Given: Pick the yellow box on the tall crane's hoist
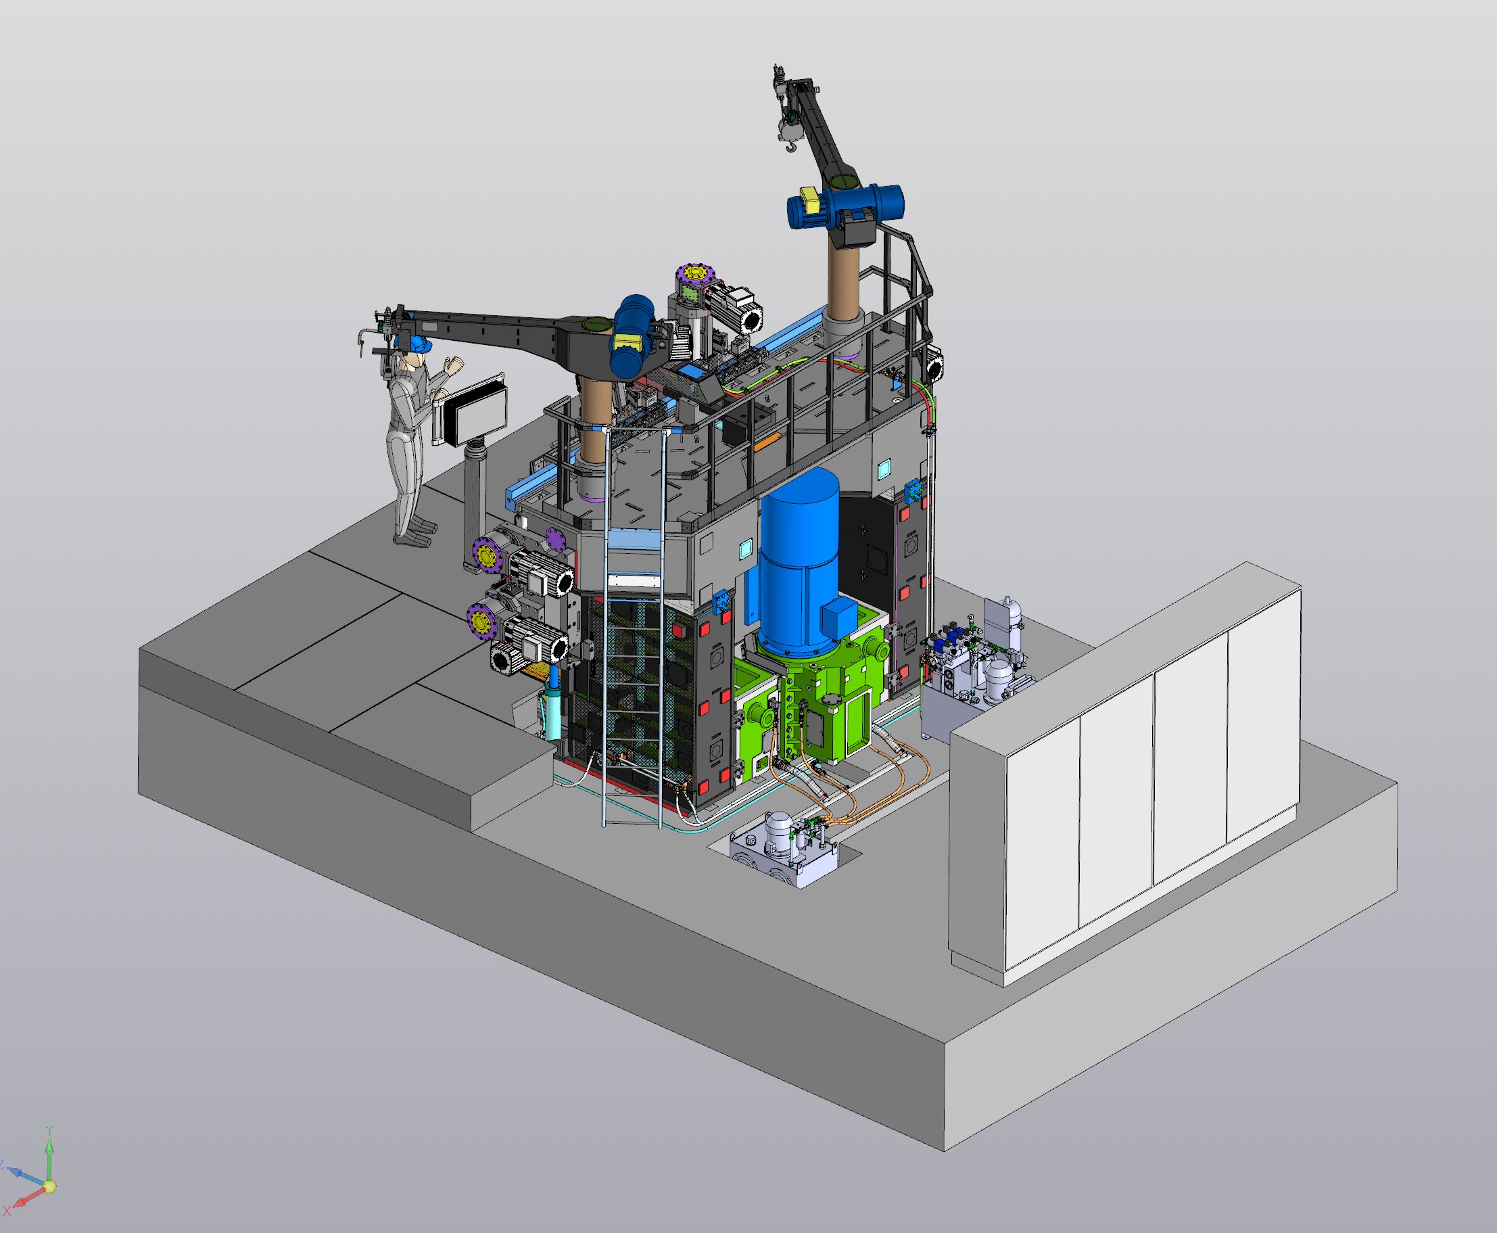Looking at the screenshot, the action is [809, 195].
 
